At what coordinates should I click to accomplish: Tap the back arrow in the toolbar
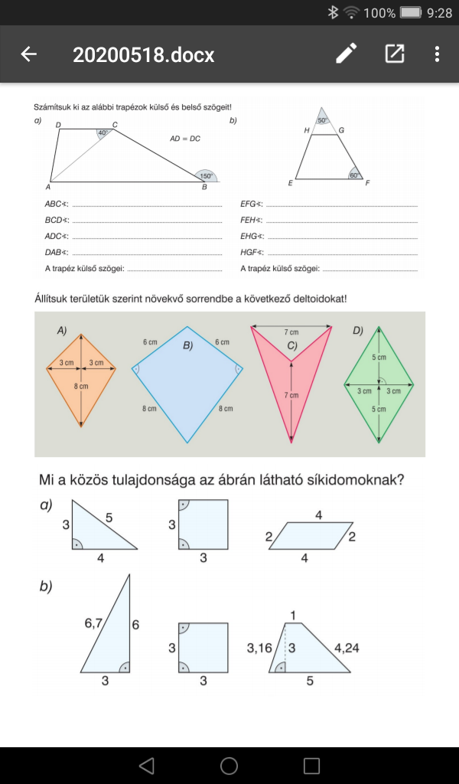coord(29,54)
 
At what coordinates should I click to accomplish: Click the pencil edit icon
coord(346,54)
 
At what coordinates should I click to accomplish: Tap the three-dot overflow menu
coord(437,54)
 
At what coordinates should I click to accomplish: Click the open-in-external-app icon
coord(394,54)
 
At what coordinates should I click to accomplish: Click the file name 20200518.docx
coord(143,55)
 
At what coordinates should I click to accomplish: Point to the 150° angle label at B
coord(205,175)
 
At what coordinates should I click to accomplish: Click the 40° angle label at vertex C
coord(103,132)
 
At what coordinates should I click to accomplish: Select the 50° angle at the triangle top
coord(322,121)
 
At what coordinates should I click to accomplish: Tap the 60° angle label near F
coord(354,175)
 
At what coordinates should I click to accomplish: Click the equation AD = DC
coord(185,139)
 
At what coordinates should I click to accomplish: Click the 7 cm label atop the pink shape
coord(291,333)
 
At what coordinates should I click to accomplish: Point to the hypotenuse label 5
coord(110,518)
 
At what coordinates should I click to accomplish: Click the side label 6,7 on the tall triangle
coord(95,624)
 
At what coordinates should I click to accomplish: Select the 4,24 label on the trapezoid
coord(346,648)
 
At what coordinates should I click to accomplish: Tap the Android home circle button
coord(229,766)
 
